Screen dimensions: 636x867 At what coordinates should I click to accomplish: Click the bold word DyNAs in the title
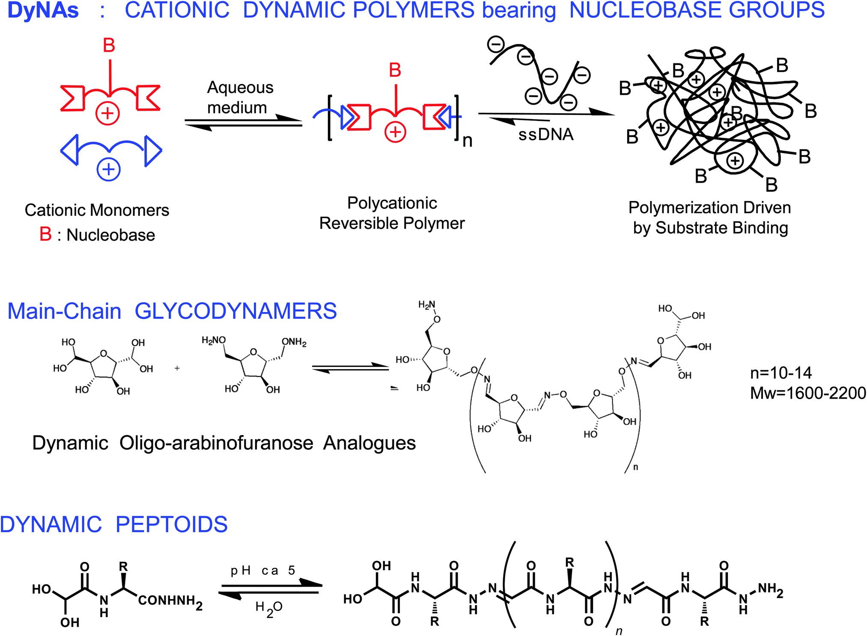tap(43, 10)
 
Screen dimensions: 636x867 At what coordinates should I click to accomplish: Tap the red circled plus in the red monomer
tap(107, 114)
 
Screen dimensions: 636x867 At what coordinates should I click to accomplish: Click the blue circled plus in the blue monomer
tap(108, 169)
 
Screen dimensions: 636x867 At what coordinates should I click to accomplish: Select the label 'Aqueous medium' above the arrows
tap(239, 97)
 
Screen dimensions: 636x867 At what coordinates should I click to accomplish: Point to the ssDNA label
tap(546, 135)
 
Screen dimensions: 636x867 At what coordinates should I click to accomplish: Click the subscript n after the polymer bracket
tap(468, 141)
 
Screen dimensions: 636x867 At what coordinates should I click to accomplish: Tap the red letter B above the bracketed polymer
tap(395, 70)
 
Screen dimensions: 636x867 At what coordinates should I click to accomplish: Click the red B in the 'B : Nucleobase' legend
tap(45, 234)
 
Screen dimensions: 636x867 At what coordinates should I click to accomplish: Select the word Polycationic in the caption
tap(392, 203)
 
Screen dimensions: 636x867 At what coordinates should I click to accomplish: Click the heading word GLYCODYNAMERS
tap(235, 311)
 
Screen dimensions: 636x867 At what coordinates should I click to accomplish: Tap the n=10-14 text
tap(781, 373)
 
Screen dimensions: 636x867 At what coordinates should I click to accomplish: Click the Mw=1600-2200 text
tap(808, 393)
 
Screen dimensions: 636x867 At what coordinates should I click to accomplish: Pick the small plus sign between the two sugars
tap(177, 368)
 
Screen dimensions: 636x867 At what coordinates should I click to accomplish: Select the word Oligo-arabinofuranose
tap(216, 443)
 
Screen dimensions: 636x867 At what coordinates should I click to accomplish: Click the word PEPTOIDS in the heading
tap(171, 524)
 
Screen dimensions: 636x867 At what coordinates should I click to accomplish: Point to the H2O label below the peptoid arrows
tap(268, 608)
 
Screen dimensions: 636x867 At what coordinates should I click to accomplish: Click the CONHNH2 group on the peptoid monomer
tap(170, 601)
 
